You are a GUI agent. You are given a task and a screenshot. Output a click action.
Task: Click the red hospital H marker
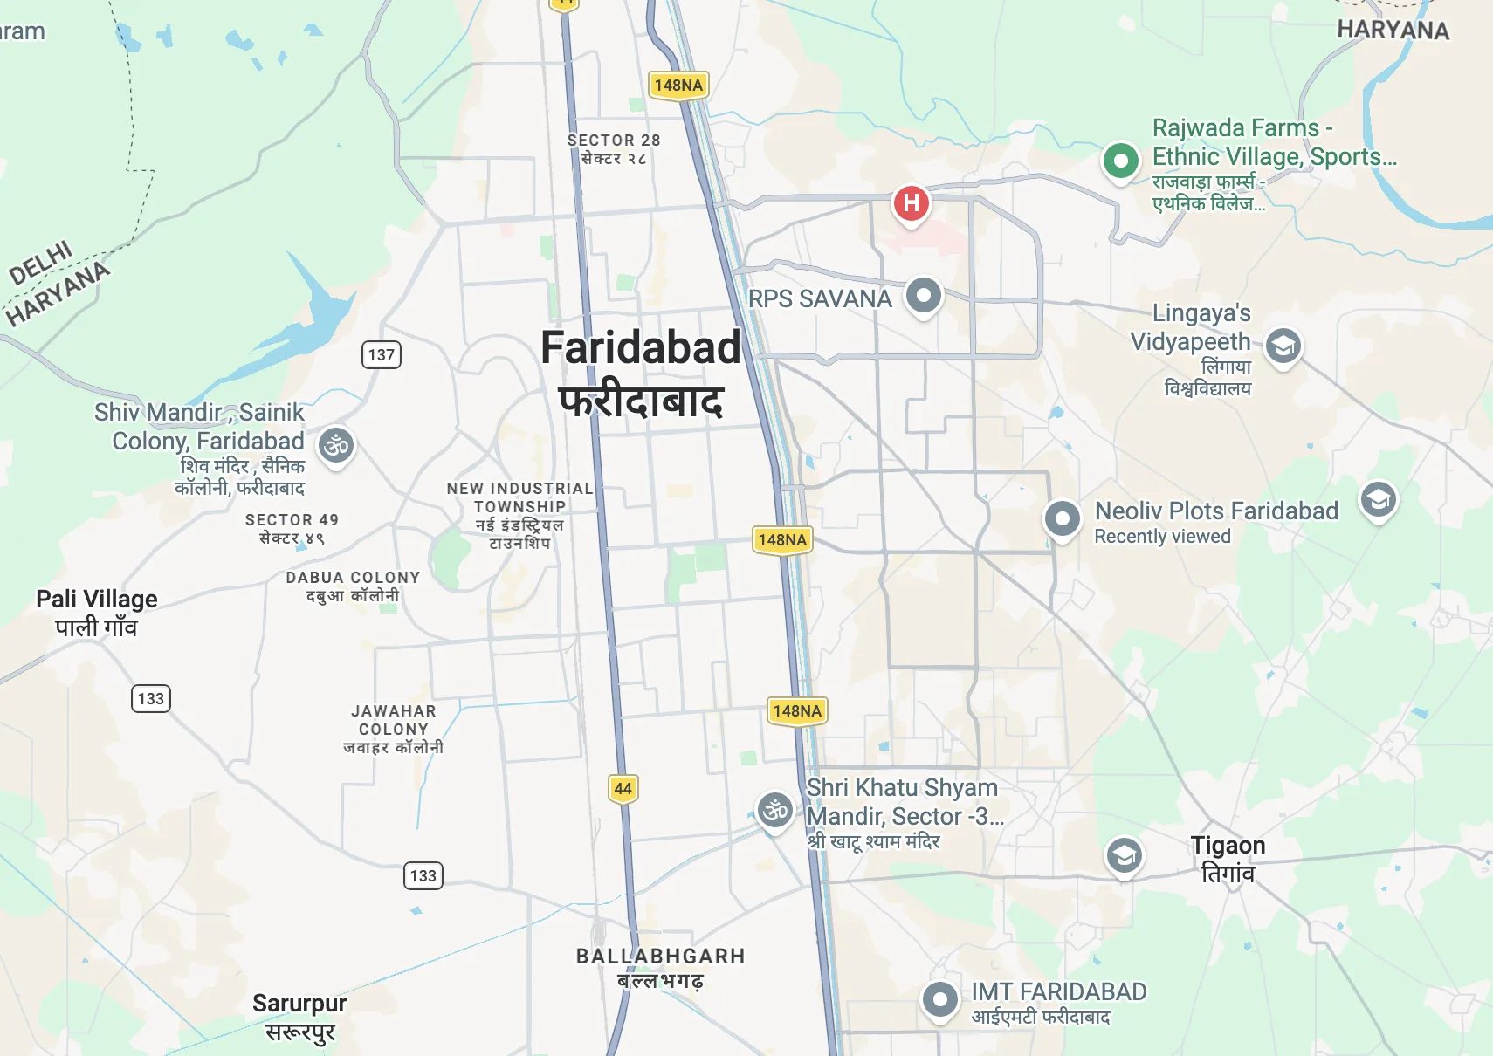(x=911, y=203)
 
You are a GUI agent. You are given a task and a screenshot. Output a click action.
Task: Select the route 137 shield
(x=382, y=354)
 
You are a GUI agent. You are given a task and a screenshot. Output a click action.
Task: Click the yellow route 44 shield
(x=623, y=788)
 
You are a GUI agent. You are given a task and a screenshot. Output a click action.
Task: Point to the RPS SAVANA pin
(x=924, y=296)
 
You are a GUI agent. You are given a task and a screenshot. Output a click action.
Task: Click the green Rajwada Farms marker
(x=1120, y=161)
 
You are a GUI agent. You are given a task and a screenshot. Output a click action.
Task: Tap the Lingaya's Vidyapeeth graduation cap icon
(x=1283, y=346)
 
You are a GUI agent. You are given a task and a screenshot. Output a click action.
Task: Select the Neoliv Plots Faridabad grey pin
(x=1063, y=519)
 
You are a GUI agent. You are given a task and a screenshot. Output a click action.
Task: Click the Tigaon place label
(x=1228, y=846)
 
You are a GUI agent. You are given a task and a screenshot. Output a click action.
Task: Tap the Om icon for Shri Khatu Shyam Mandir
(x=775, y=811)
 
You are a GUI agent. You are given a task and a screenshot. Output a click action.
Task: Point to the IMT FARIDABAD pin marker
(x=940, y=999)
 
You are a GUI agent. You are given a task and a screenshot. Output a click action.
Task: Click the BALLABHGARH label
(x=660, y=957)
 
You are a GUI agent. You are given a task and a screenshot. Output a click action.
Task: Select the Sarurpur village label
(x=299, y=1004)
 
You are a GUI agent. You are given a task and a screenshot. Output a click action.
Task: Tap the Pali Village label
(x=97, y=600)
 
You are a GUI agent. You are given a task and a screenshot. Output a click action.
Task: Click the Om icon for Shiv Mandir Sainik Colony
(x=336, y=446)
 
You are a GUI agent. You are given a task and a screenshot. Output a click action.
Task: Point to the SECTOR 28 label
(x=614, y=141)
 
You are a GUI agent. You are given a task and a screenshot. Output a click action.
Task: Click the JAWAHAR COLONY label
(x=394, y=720)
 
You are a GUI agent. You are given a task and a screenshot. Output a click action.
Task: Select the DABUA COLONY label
(x=354, y=578)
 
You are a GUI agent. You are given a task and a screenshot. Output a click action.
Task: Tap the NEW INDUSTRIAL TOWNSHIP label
(x=520, y=497)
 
